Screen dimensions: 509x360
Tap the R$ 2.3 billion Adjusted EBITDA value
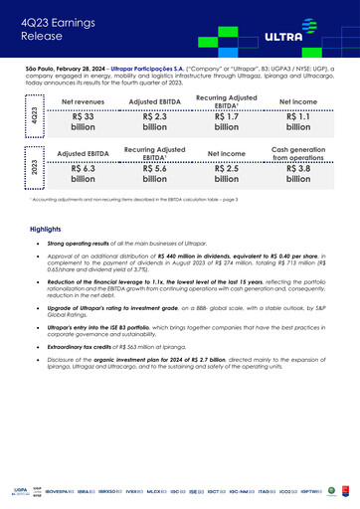point(154,121)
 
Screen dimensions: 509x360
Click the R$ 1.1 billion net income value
point(297,121)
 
